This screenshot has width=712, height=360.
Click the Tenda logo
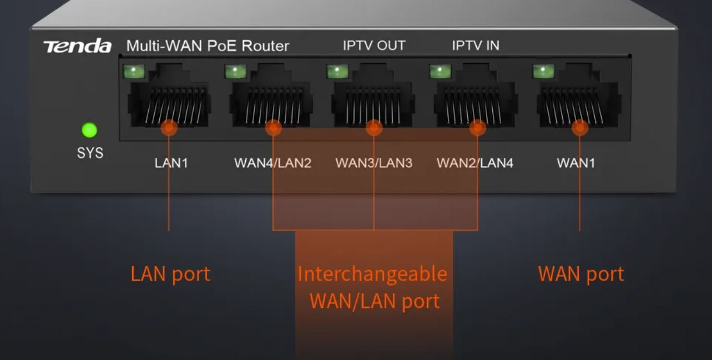pos(77,47)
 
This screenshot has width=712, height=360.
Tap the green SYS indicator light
pos(89,130)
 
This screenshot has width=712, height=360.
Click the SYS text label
pos(90,153)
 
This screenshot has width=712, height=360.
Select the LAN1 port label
pos(171,163)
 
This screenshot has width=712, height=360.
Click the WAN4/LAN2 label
pos(272,163)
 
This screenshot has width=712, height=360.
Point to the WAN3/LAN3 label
pos(373,163)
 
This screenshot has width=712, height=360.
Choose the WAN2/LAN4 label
pos(475,163)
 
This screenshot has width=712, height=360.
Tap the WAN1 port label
pos(575,163)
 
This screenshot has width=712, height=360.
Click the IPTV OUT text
pos(374,45)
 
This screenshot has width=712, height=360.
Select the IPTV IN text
pos(476,45)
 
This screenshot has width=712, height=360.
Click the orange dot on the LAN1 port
pos(169,128)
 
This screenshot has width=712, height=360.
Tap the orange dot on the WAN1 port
pos(580,128)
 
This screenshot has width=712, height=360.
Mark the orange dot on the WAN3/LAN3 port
pos(374,128)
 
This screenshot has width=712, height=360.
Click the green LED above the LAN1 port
pos(134,72)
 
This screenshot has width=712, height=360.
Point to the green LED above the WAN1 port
pos(543,72)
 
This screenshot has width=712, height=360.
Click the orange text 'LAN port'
pos(170,274)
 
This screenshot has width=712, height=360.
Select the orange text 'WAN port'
pos(581,274)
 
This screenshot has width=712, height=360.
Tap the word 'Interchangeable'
pos(372,274)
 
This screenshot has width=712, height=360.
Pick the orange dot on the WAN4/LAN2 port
pos(273,128)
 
